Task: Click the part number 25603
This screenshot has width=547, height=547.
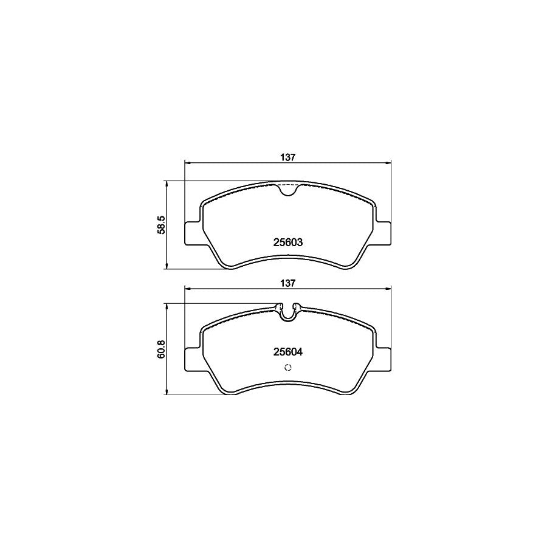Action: (287, 242)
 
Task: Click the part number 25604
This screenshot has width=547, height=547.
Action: (287, 351)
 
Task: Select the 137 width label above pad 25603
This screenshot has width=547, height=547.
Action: (287, 157)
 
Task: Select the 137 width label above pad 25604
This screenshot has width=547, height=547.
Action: (287, 283)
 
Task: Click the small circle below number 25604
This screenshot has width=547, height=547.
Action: (287, 366)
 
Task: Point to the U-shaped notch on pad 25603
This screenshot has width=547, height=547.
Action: (287, 190)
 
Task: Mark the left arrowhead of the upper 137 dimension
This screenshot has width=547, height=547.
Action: (187, 162)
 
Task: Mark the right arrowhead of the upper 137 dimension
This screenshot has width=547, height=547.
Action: (388, 162)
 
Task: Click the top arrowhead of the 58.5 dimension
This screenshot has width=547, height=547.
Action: (167, 183)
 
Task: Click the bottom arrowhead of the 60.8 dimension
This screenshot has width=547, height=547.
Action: (167, 393)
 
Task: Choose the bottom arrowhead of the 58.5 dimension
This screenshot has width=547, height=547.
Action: (167, 267)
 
